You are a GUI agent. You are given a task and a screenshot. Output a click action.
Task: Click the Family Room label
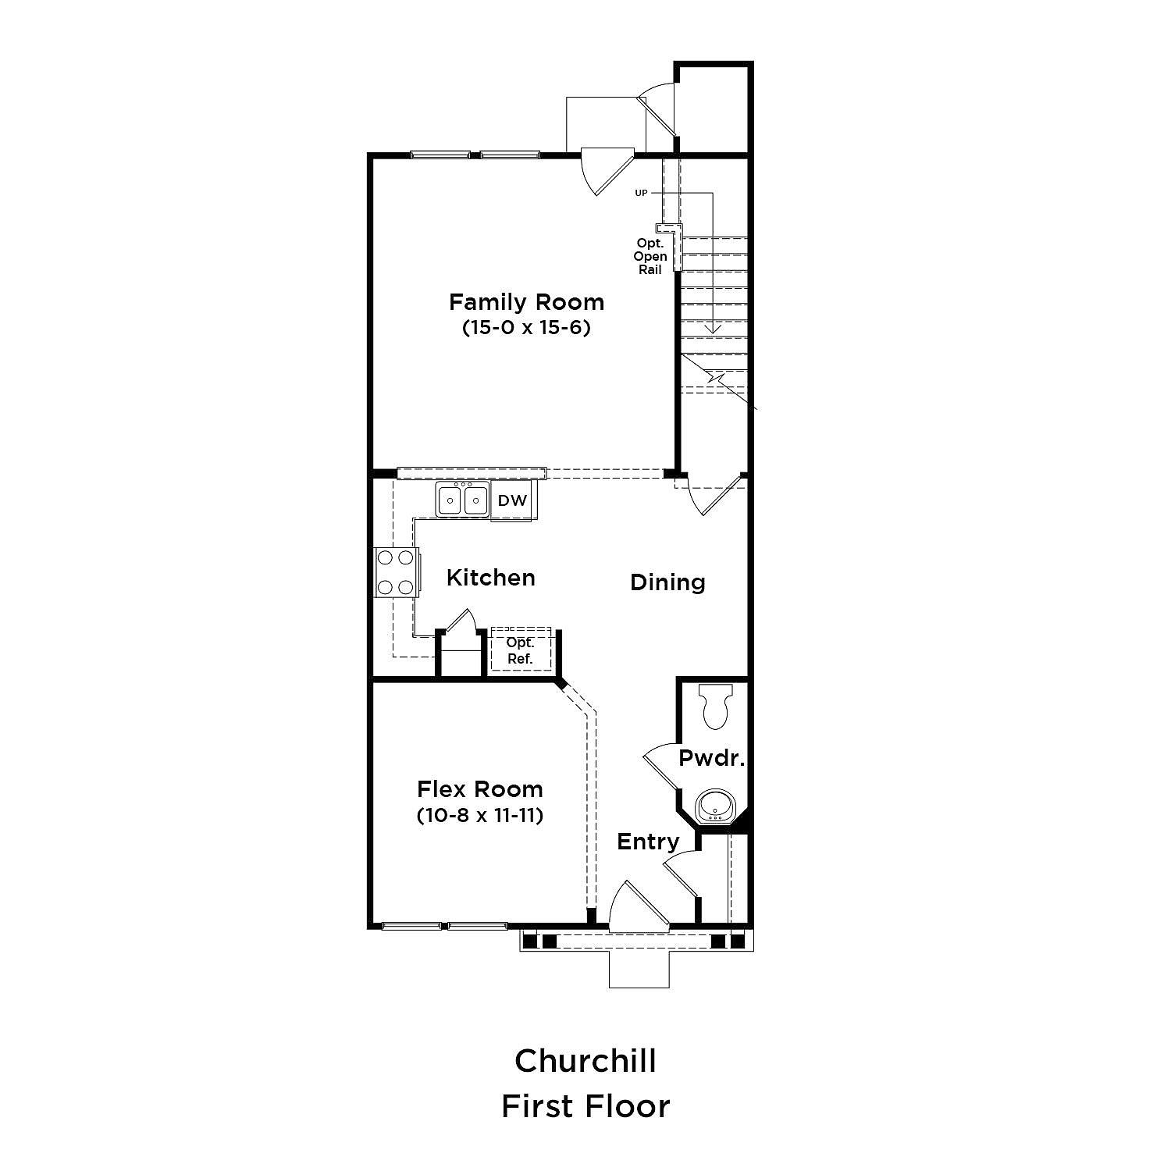pyautogui.click(x=526, y=302)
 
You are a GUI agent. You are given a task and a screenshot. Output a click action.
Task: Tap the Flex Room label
pyautogui.click(x=479, y=788)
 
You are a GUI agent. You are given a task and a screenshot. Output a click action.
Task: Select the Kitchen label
pyautogui.click(x=491, y=578)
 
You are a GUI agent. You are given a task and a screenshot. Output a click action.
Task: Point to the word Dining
pyautogui.click(x=667, y=582)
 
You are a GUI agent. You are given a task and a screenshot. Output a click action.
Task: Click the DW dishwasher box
pyautogui.click(x=512, y=500)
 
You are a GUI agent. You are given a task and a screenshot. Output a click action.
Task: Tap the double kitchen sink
pyautogui.click(x=463, y=500)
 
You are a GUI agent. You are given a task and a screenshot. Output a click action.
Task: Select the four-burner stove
pyautogui.click(x=397, y=572)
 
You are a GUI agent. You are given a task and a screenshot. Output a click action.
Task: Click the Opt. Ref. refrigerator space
pyautogui.click(x=521, y=650)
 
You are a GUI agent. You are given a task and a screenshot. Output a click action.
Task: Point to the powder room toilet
pyautogui.click(x=715, y=706)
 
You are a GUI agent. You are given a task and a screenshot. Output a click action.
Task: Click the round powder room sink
pyautogui.click(x=713, y=806)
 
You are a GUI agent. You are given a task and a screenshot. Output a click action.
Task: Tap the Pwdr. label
pyautogui.click(x=711, y=758)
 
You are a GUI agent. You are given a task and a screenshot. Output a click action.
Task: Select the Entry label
pyautogui.click(x=648, y=842)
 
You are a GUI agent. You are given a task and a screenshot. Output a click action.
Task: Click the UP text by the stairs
pyautogui.click(x=641, y=193)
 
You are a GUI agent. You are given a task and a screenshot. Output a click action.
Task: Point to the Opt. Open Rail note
pyautogui.click(x=650, y=257)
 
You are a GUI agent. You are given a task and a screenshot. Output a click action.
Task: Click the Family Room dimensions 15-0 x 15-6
pyautogui.click(x=526, y=327)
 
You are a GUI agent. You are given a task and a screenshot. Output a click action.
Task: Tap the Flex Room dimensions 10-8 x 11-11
pyautogui.click(x=479, y=815)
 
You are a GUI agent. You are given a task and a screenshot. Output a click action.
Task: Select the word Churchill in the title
pyautogui.click(x=585, y=1060)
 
